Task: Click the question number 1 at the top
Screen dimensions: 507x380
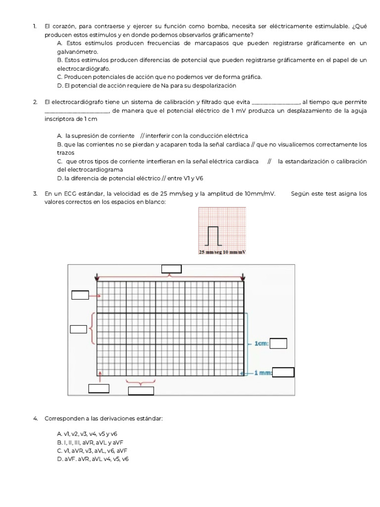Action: point(35,26)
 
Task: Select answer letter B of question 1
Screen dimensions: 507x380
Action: point(59,60)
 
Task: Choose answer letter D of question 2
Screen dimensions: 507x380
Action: point(59,178)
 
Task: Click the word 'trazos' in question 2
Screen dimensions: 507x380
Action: point(65,153)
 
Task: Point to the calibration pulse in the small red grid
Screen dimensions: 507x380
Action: point(213,236)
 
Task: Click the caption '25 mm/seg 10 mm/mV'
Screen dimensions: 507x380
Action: point(222,253)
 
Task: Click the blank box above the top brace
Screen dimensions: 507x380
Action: point(171,269)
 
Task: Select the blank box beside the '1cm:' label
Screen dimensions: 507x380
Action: point(279,343)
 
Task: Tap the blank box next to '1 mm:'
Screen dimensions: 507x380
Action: point(283,372)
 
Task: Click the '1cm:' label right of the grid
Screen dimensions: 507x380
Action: point(261,343)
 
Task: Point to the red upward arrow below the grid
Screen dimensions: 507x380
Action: point(100,377)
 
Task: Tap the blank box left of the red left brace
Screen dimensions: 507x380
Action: point(78,329)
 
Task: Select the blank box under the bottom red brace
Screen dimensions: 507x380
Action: point(141,391)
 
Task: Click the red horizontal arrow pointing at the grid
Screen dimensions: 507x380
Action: point(95,296)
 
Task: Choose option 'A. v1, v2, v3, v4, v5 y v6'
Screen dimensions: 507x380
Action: point(87,434)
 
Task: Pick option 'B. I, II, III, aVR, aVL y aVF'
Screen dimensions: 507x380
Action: point(91,442)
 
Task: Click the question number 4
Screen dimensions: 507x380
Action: point(35,419)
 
